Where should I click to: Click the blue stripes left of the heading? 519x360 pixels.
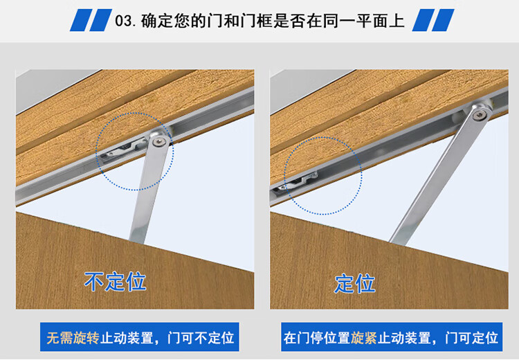(x=89, y=20)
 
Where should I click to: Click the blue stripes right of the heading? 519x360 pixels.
(x=433, y=20)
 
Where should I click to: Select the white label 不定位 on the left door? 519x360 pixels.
(x=115, y=282)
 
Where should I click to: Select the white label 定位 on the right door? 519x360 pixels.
(x=354, y=283)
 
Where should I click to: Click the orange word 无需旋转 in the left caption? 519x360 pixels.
(x=73, y=339)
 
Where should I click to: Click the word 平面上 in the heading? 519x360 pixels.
(x=382, y=21)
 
